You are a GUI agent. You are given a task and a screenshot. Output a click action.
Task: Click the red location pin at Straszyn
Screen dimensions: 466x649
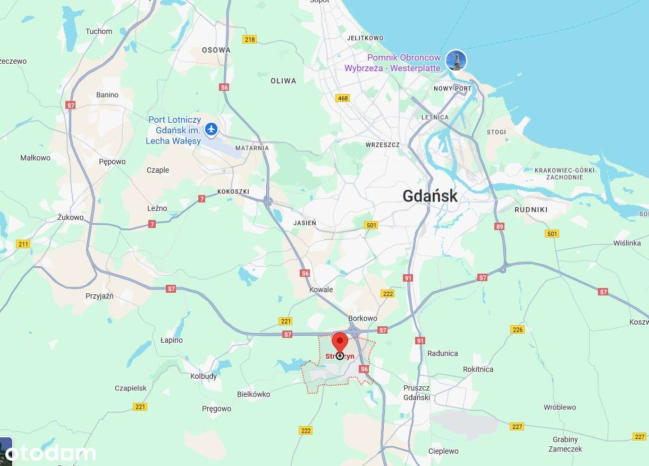pos(340,343)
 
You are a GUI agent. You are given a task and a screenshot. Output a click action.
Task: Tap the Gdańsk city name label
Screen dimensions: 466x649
pos(429,196)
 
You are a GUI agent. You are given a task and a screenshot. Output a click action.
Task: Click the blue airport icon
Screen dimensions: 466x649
pos(212,129)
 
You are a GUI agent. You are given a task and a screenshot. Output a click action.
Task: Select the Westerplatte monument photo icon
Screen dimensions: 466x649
pos(456,60)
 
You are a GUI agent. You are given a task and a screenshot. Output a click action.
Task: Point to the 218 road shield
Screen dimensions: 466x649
pos(249,39)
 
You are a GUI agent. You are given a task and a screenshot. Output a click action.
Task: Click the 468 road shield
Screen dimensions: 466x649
pos(343,98)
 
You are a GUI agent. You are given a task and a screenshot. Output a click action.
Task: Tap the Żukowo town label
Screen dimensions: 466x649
pos(71,217)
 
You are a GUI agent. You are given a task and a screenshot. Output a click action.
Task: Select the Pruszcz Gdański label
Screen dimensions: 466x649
pos(417,393)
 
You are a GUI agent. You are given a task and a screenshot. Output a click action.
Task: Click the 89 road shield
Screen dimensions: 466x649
pos(499,226)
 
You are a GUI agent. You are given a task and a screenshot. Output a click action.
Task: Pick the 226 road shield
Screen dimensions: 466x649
pos(517,329)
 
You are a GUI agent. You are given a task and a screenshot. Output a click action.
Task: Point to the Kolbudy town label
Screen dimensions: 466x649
pos(204,376)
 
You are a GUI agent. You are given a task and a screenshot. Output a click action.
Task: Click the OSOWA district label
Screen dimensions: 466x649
pos(216,50)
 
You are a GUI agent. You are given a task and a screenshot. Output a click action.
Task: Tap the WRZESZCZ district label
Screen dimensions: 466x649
pos(383,145)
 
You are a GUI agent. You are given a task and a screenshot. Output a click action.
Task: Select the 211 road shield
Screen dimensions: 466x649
pos(23,244)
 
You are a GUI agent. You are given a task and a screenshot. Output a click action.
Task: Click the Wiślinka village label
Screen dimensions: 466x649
pos(627,243)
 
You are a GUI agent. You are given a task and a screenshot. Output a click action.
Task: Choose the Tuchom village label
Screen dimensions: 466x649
pos(99,31)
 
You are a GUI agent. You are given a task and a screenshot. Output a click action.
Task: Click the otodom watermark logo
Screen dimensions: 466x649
pos(50,453)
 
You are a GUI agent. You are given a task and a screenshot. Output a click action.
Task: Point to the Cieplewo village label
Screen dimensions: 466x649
pos(443,451)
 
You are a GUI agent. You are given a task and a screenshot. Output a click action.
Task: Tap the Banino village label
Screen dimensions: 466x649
pos(107,95)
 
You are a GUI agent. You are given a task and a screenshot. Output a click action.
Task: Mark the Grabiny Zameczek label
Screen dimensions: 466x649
pos(567,444)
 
